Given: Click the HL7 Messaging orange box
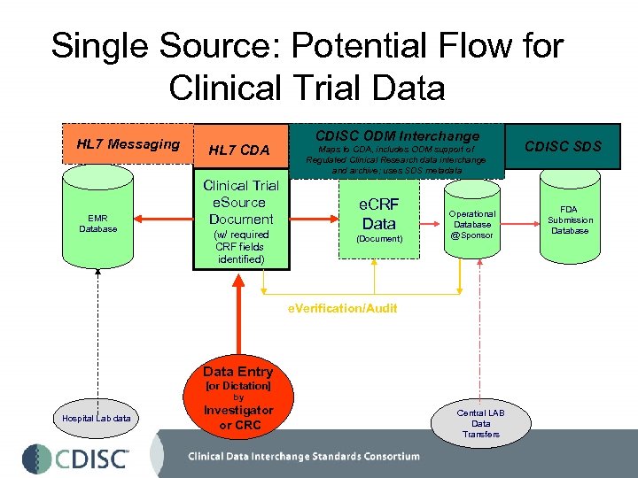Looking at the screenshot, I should click(128, 144).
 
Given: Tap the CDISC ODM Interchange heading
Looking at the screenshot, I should click(397, 135).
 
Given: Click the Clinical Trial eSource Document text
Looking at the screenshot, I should click(241, 202).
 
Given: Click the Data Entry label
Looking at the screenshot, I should click(237, 372).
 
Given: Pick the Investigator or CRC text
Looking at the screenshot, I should click(238, 417).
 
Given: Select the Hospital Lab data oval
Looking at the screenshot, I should click(97, 418).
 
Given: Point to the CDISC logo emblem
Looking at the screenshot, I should click(36, 459).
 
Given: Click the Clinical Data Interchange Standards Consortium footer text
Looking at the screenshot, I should click(303, 457).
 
